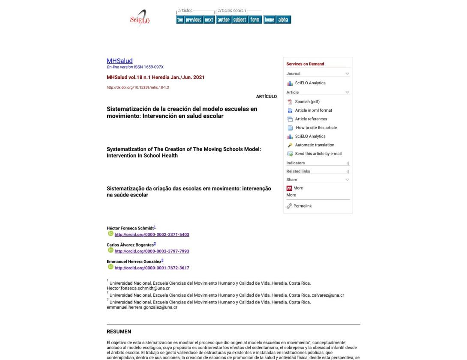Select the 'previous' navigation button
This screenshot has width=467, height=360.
click(194, 20)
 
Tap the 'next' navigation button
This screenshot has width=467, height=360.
click(209, 20)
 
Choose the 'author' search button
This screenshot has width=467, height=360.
click(224, 20)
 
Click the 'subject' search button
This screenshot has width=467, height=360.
click(239, 20)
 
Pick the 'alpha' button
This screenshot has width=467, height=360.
click(283, 20)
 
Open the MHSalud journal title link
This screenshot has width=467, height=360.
click(120, 61)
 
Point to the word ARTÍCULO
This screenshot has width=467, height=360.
click(266, 97)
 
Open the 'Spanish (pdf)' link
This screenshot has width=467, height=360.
click(307, 101)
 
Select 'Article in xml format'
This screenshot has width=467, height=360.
click(313, 110)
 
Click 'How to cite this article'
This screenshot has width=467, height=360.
click(316, 128)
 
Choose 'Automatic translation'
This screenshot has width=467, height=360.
click(314, 145)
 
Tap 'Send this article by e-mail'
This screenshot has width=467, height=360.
click(318, 154)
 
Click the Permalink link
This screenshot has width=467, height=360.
click(302, 206)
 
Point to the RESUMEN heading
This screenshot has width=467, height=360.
click(119, 331)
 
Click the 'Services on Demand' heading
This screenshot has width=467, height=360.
click(305, 64)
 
